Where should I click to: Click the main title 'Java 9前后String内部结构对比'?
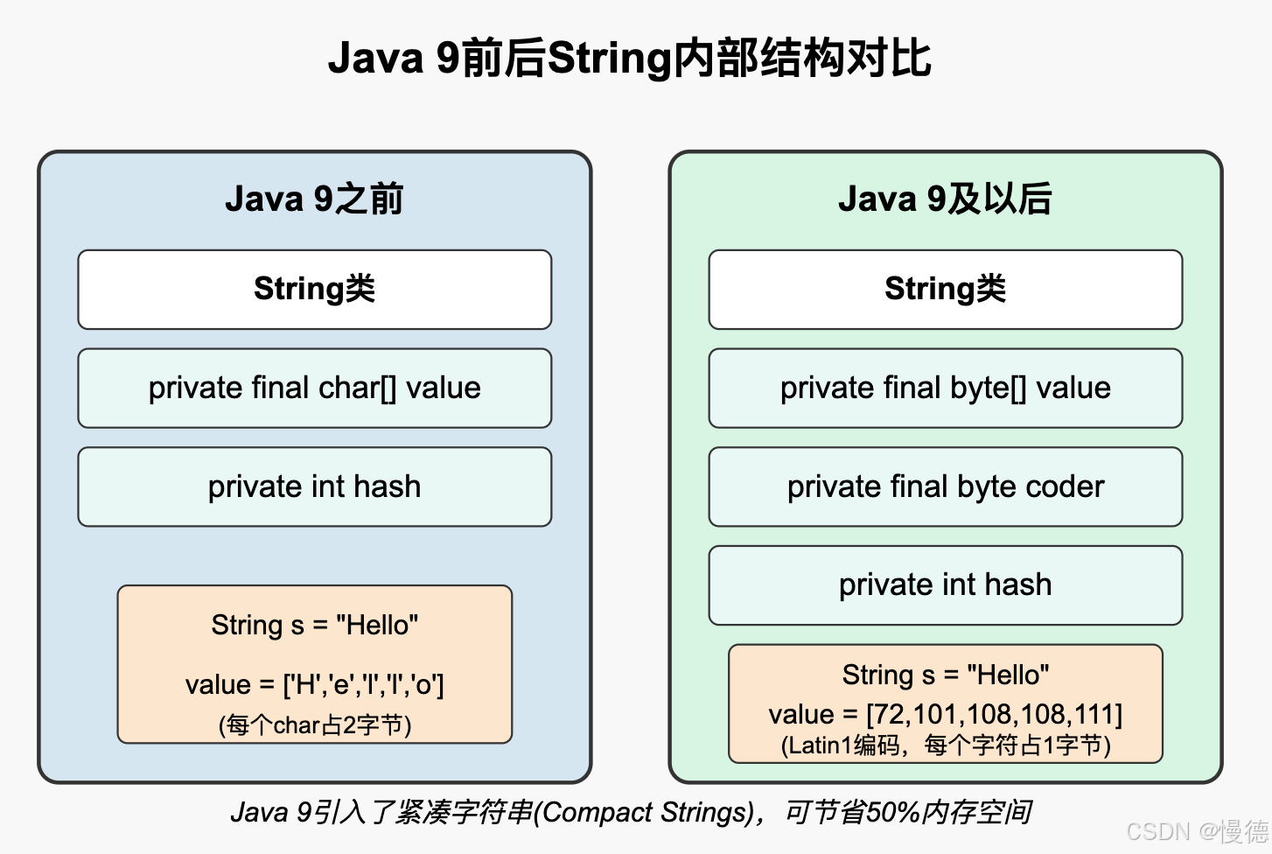click(x=630, y=59)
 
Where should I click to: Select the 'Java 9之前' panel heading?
click(x=314, y=199)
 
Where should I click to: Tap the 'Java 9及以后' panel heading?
click(x=945, y=199)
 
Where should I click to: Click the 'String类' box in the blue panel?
click(x=314, y=290)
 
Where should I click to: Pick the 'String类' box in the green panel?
click(x=945, y=290)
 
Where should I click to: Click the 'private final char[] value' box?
click(x=314, y=388)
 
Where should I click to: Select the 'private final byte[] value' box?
click(x=945, y=388)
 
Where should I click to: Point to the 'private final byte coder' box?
click(x=945, y=486)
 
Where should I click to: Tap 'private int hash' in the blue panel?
click(x=314, y=486)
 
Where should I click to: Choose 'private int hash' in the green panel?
click(x=945, y=584)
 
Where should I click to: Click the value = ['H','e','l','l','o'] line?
click(x=314, y=684)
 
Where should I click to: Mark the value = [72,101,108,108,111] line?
click(x=945, y=714)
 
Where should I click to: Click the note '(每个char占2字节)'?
click(x=314, y=725)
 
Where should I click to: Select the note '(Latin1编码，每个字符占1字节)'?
click(x=945, y=745)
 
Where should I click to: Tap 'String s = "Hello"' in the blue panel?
click(x=314, y=625)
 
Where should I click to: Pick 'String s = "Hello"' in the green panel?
click(x=945, y=675)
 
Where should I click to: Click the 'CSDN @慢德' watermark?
click(x=1196, y=830)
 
